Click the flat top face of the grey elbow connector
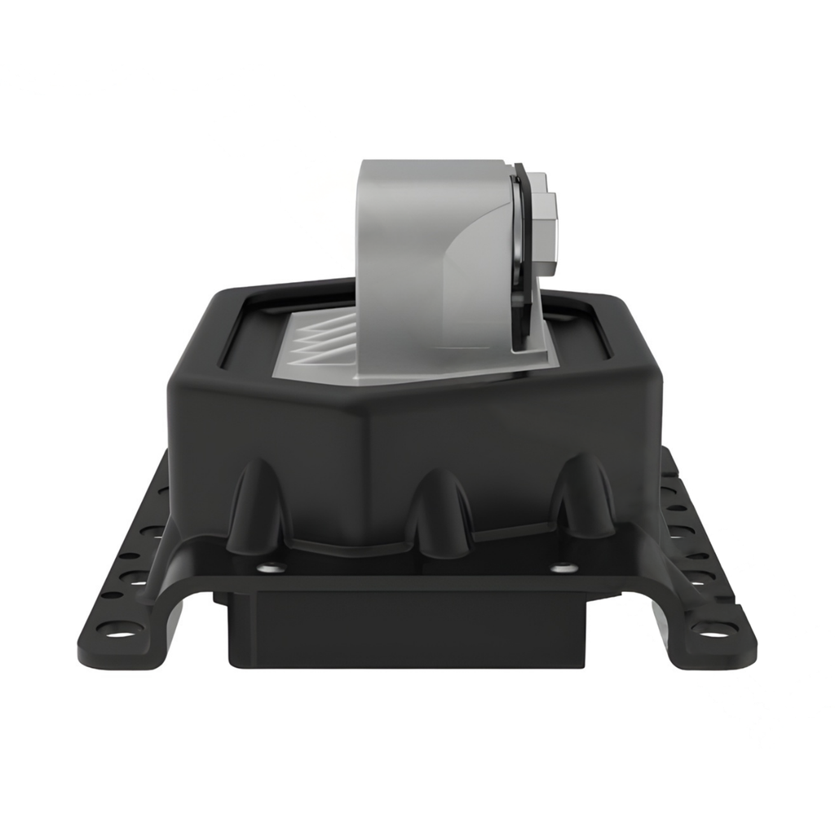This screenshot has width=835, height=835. (x=432, y=166)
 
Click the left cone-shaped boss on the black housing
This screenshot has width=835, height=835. (x=257, y=505)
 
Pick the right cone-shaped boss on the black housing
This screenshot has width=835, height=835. (x=582, y=497)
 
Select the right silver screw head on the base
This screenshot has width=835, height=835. (x=560, y=568)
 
